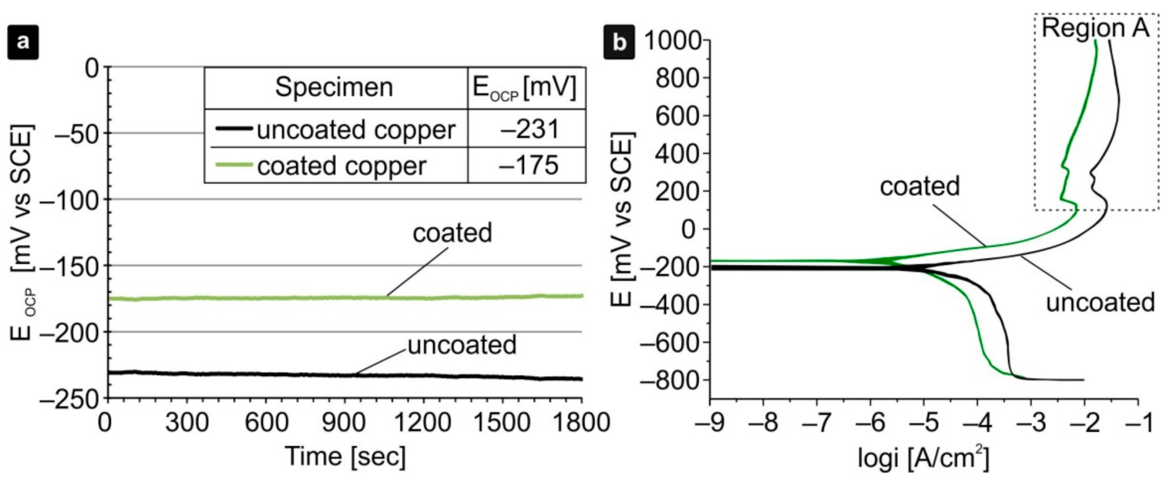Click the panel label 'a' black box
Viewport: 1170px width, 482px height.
click(x=23, y=42)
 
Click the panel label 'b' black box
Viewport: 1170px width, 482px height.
click(x=619, y=42)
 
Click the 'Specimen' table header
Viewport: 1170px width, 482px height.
click(x=334, y=88)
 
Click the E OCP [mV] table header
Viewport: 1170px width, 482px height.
click(x=525, y=88)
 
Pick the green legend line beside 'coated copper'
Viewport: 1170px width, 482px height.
click(x=234, y=164)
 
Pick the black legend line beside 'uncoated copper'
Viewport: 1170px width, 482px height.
click(x=234, y=129)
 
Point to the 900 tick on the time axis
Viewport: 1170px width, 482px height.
click(x=343, y=423)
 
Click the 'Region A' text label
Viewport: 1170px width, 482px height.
click(x=1095, y=28)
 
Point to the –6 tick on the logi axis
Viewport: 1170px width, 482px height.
click(x=871, y=423)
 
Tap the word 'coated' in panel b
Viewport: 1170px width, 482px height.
click(x=919, y=186)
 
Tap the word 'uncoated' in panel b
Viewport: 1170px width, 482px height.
click(x=1100, y=303)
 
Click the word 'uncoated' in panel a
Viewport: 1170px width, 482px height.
click(x=462, y=345)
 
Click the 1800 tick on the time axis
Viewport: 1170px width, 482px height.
click(x=581, y=423)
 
